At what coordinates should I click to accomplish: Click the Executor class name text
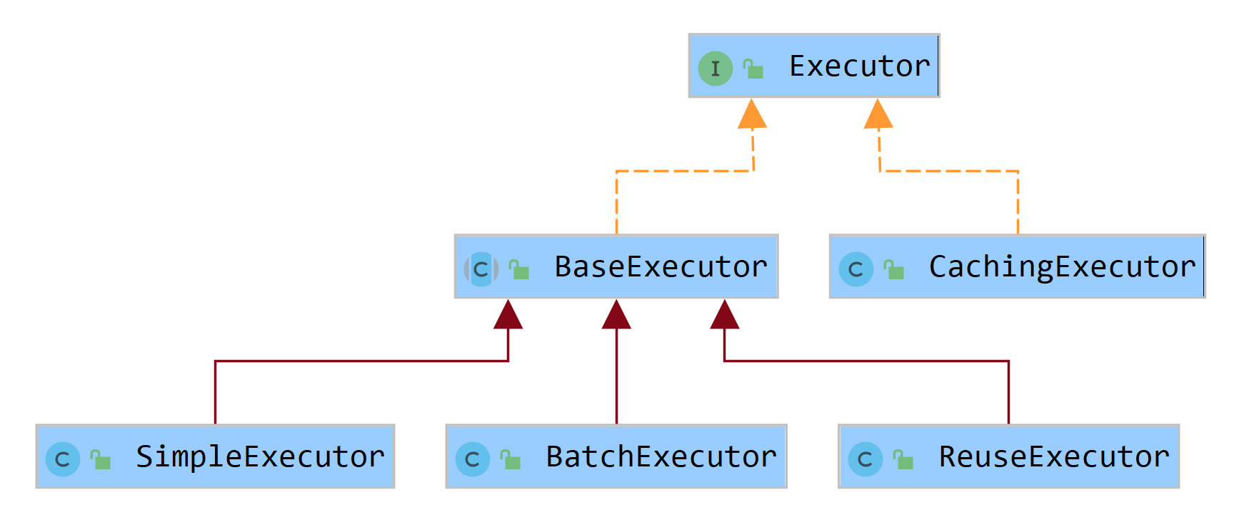(x=859, y=66)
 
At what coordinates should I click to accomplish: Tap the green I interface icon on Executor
(x=715, y=69)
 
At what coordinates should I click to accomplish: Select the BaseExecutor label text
(x=661, y=266)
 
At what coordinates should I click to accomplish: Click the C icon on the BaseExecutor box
(x=481, y=269)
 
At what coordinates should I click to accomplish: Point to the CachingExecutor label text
(x=1062, y=266)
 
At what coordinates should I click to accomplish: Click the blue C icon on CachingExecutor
(x=856, y=269)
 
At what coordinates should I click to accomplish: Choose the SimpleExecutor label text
(x=260, y=456)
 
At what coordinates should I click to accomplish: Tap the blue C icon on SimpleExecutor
(x=62, y=459)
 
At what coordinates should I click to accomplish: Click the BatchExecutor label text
(x=661, y=456)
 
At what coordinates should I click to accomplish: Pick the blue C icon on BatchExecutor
(x=472, y=459)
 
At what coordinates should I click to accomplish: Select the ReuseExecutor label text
(x=1054, y=456)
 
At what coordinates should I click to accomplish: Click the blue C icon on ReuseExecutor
(x=865, y=459)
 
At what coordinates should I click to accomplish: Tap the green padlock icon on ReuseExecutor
(x=903, y=460)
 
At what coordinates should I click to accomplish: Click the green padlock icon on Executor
(x=753, y=69)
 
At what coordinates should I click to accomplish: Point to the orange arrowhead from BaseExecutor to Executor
(x=752, y=115)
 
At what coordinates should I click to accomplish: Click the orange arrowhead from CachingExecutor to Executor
(x=878, y=115)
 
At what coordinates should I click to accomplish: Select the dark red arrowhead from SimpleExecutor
(x=508, y=315)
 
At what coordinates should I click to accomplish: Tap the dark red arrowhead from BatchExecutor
(x=616, y=315)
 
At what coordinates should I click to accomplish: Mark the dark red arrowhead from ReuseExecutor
(x=724, y=315)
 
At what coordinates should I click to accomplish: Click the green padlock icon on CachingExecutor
(x=894, y=270)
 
